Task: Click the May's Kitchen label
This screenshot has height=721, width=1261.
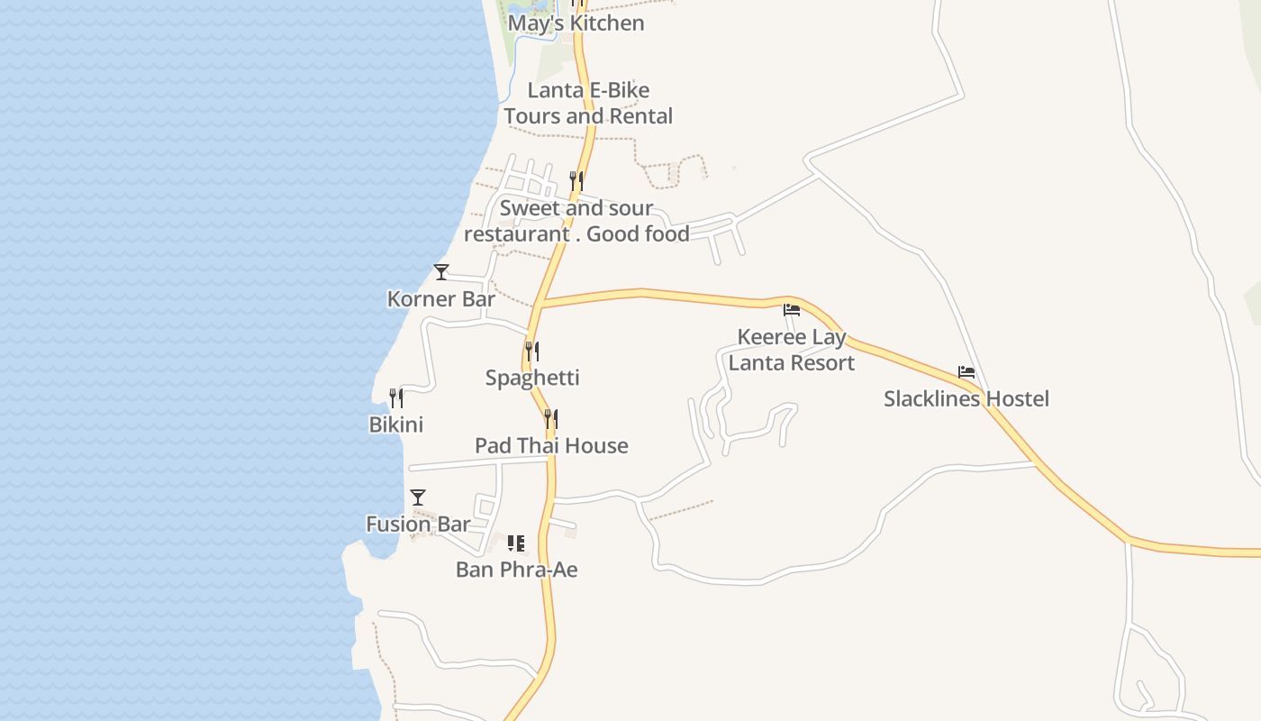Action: (x=576, y=23)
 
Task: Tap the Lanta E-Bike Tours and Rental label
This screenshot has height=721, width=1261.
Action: (x=588, y=103)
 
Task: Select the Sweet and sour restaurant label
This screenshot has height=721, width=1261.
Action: (x=576, y=221)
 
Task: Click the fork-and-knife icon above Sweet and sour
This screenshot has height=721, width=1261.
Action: (x=576, y=180)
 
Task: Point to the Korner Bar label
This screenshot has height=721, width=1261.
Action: (x=441, y=299)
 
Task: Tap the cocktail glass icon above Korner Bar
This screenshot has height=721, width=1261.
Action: (x=441, y=271)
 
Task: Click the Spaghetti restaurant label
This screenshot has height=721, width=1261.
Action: (x=532, y=378)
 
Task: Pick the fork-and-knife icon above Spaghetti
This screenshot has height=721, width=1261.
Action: (x=532, y=350)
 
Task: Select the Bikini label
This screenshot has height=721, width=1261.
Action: (x=396, y=424)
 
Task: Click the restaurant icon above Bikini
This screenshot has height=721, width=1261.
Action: (x=396, y=397)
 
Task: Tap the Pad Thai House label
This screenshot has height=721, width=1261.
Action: (x=551, y=445)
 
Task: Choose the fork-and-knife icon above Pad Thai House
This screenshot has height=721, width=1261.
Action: (x=551, y=418)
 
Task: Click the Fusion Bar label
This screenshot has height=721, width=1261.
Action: (x=418, y=524)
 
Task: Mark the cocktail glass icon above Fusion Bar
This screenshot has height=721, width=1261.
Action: (x=418, y=497)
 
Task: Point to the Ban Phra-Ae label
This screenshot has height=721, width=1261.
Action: (x=516, y=570)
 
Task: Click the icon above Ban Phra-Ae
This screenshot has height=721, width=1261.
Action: (x=516, y=543)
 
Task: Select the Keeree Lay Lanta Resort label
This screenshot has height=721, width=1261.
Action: (x=792, y=350)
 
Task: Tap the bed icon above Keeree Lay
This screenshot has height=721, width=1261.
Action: (x=792, y=310)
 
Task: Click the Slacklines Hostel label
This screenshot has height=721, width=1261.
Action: (x=966, y=398)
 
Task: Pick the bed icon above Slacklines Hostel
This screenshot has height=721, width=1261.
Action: (x=966, y=371)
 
